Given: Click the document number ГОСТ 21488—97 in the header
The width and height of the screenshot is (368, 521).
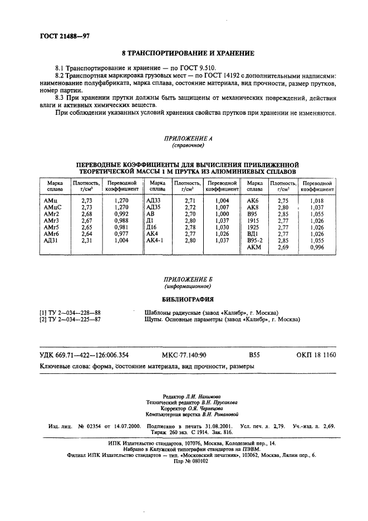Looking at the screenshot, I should point(65,36).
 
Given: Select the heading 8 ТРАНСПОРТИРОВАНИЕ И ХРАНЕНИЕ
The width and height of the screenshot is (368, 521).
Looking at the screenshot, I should point(184,53).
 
